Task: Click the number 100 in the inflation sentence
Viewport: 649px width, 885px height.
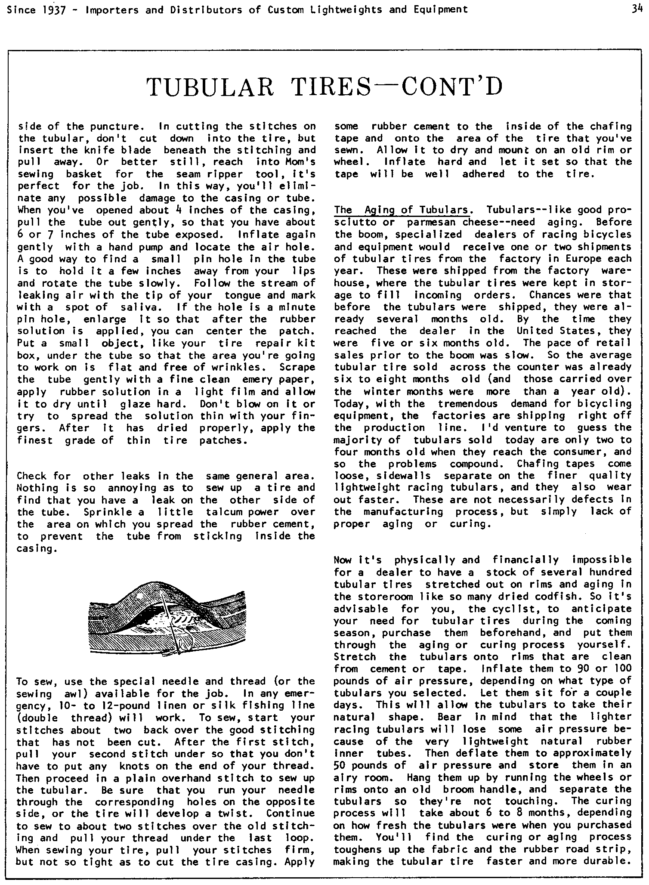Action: pos(621,669)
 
